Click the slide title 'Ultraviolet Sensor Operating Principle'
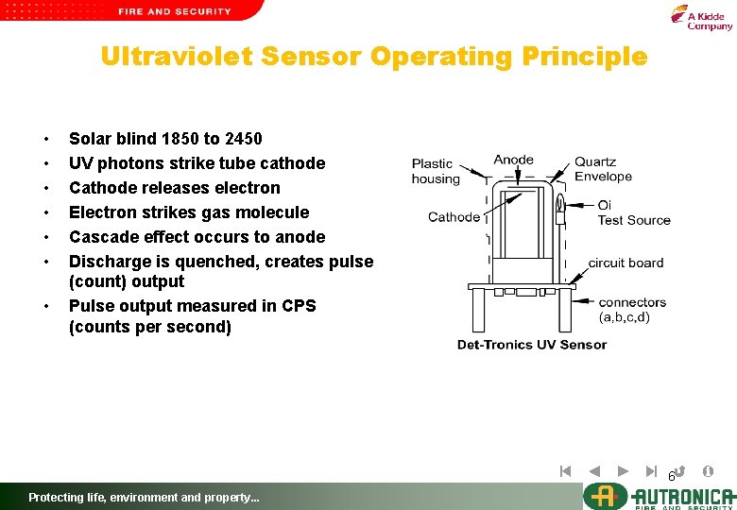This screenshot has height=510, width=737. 374,57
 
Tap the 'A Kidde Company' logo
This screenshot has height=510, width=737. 701,17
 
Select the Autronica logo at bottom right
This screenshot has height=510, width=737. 659,496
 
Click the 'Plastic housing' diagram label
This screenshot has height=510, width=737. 436,171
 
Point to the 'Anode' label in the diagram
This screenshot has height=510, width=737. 514,160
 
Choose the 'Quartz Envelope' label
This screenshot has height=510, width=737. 603,169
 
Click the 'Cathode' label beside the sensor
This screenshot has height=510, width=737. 454,217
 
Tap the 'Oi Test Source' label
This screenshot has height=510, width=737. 633,212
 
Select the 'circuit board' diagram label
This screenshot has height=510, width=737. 626,263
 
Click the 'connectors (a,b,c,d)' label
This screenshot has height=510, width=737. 631,310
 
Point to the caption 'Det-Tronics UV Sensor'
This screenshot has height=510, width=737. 532,345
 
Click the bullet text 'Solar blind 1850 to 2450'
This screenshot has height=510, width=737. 165,139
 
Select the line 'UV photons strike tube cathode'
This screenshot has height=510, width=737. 197,163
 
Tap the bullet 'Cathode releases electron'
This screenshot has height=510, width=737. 175,188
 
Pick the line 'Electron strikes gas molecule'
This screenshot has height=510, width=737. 189,212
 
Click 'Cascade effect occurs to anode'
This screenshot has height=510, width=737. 197,237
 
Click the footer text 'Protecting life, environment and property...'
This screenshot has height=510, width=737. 144,498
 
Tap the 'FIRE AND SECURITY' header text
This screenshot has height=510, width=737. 175,11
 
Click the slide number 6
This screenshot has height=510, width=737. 672,476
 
